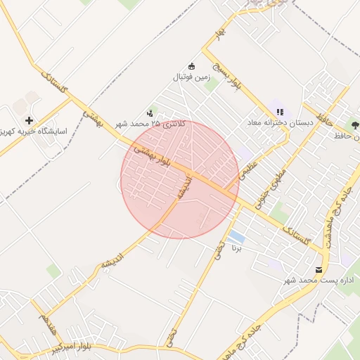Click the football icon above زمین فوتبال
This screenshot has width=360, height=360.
coord(192,65)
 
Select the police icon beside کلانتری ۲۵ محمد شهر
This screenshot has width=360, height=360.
coord(150,112)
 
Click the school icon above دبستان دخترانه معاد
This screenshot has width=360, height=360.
coord(280,112)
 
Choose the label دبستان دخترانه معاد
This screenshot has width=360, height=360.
coord(278,122)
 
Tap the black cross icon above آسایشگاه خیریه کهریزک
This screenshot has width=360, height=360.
coord(29,120)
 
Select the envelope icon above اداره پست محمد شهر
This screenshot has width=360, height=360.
coord(319,269)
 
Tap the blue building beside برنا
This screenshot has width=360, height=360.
coord(237,237)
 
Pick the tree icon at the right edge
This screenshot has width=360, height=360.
coord(354,124)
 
